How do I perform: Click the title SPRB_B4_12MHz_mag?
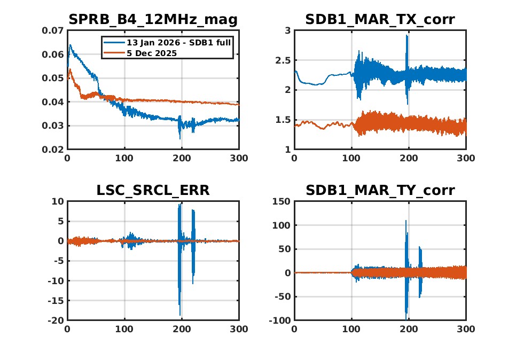click(x=153, y=20)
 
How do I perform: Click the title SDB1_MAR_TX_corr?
click(x=380, y=20)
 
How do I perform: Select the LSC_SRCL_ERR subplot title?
click(x=153, y=190)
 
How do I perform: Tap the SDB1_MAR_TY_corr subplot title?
click(x=380, y=190)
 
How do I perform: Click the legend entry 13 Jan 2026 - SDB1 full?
click(x=178, y=42)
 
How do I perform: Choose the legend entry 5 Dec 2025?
click(x=152, y=53)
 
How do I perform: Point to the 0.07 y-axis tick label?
click(x=53, y=31)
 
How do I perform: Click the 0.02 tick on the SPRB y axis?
click(x=53, y=150)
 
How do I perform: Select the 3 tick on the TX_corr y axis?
click(x=287, y=31)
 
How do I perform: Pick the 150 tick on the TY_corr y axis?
click(x=281, y=201)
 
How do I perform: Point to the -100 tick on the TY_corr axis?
click(x=279, y=320)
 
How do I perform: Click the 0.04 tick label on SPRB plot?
click(x=53, y=102)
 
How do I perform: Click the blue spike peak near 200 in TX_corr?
click(x=407, y=36)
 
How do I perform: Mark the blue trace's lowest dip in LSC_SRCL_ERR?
click(x=180, y=315)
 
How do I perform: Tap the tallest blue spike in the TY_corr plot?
click(x=406, y=221)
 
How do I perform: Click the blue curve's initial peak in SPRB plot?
click(x=69, y=45)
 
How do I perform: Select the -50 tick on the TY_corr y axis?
click(x=281, y=296)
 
